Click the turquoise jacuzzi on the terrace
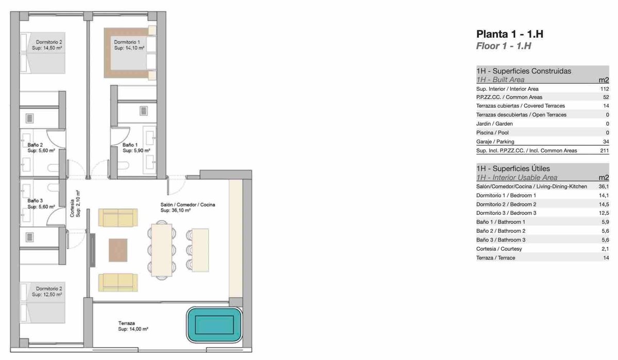pos(214,324)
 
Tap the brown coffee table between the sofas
pos(118,250)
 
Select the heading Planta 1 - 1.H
pos(510,34)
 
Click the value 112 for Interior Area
pos(605,89)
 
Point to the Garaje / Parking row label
pos(495,142)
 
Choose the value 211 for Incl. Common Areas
pos(605,150)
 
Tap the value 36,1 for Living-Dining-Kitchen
pos(604,186)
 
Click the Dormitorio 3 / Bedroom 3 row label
pos(506,213)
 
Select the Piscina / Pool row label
pos(492,133)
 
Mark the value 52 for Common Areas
pos(606,97)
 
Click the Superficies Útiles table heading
pos(513,168)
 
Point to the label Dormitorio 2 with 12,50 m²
pos(47,292)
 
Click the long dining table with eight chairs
pos(162,250)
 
